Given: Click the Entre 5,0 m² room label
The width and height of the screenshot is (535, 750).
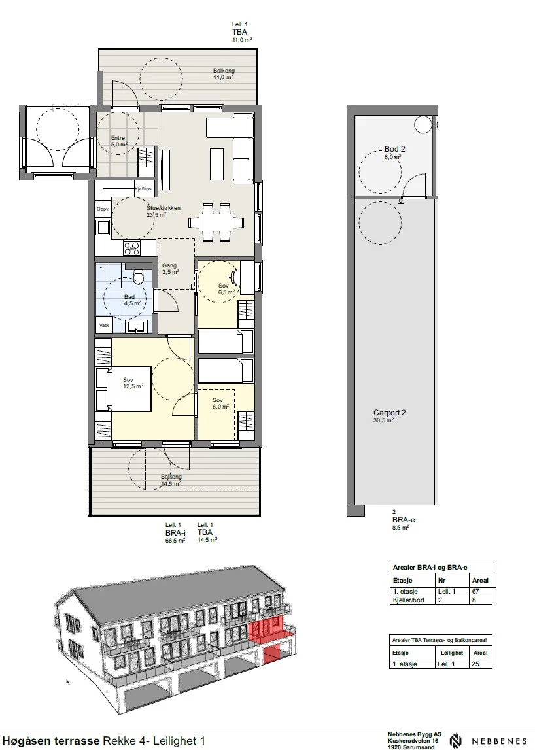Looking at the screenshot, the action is click(x=118, y=141).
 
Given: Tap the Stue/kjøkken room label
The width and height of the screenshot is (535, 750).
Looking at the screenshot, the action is click(x=163, y=211).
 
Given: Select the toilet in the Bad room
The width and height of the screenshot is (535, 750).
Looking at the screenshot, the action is click(x=139, y=277).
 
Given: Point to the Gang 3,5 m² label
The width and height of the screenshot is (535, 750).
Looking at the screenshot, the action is click(x=170, y=268).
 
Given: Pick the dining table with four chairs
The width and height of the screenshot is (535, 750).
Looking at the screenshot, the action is click(x=216, y=222).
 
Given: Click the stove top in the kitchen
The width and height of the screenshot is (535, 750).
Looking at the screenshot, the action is click(x=132, y=248).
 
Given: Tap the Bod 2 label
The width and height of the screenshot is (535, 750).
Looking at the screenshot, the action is click(x=394, y=152).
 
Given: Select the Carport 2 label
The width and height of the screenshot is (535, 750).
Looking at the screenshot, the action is click(x=390, y=416).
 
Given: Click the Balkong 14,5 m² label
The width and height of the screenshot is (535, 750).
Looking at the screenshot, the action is click(x=171, y=480).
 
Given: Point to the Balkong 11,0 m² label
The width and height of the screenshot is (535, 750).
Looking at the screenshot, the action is click(x=224, y=74).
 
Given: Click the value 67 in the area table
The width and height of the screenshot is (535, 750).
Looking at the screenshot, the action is click(x=475, y=591).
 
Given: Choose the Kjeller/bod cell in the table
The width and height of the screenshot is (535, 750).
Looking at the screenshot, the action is click(x=408, y=600).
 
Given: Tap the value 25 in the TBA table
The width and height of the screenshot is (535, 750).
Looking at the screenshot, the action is click(x=475, y=664).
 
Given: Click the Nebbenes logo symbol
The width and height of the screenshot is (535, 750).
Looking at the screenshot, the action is click(x=456, y=741).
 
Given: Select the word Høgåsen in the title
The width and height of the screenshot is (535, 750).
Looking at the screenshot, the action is click(x=26, y=741).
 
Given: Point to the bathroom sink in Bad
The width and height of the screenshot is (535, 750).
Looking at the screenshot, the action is click(x=137, y=327).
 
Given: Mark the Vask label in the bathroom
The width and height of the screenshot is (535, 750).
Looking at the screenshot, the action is click(x=104, y=325).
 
